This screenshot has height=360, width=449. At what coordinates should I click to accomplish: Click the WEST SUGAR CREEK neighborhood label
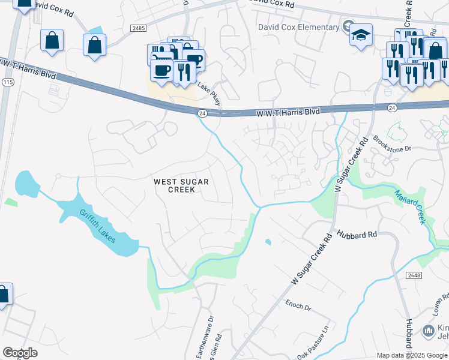tap(174, 185)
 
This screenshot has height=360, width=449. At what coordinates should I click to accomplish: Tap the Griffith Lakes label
tap(100, 227)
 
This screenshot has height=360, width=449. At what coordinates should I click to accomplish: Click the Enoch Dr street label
tap(298, 305)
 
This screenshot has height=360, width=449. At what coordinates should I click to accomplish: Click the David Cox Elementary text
tap(298, 27)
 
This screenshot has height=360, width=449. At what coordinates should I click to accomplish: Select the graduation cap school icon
tap(361, 34)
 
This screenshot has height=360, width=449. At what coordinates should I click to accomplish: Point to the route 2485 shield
tap(138, 28)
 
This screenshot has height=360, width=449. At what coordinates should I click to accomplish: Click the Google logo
tap(20, 353)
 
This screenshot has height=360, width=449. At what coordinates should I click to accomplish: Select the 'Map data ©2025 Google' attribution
tap(412, 355)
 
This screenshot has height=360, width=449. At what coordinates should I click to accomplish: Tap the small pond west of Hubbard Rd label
tap(268, 242)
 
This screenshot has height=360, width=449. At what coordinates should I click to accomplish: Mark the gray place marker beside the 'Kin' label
tap(429, 331)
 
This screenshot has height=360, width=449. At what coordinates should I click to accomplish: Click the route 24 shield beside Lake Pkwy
tap(202, 113)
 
